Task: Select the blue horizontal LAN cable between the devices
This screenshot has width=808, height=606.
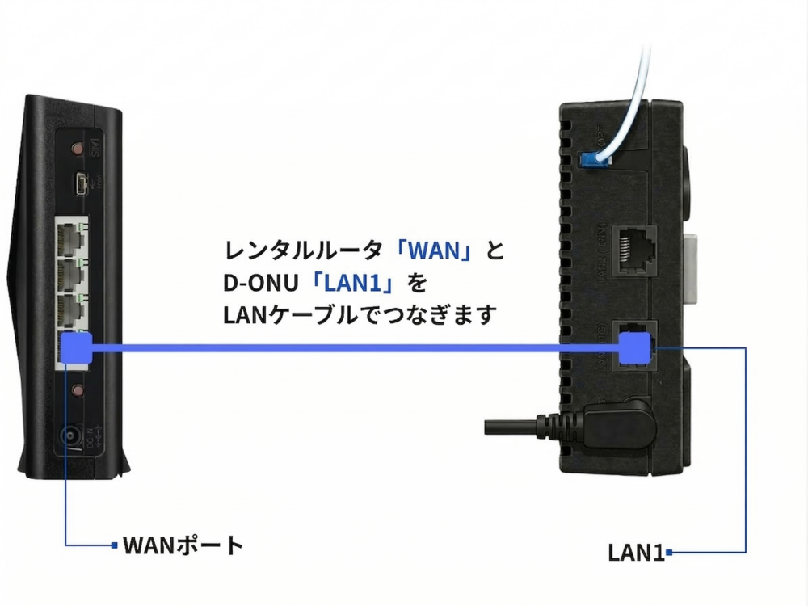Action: point(356,349)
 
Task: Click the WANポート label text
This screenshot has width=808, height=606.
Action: point(183,545)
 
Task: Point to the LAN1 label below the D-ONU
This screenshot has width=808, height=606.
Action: point(636,553)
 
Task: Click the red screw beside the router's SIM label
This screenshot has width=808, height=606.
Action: point(78,149)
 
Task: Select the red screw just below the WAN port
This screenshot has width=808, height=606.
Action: point(78,391)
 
